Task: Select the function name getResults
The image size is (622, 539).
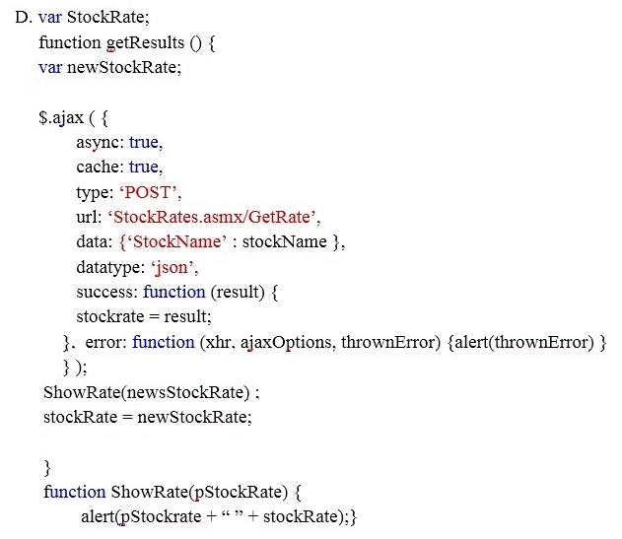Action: tap(145, 42)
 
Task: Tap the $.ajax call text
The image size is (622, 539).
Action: tap(61, 118)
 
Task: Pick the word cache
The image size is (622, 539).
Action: tap(100, 167)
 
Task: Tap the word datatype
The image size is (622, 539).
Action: tap(110, 267)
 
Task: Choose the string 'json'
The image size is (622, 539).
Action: tap(172, 268)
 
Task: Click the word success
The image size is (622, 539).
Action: tap(106, 292)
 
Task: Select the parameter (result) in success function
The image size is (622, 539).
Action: tap(238, 292)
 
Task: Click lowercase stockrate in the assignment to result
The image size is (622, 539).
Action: tap(109, 316)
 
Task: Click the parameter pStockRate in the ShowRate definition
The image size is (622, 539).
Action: tap(238, 493)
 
